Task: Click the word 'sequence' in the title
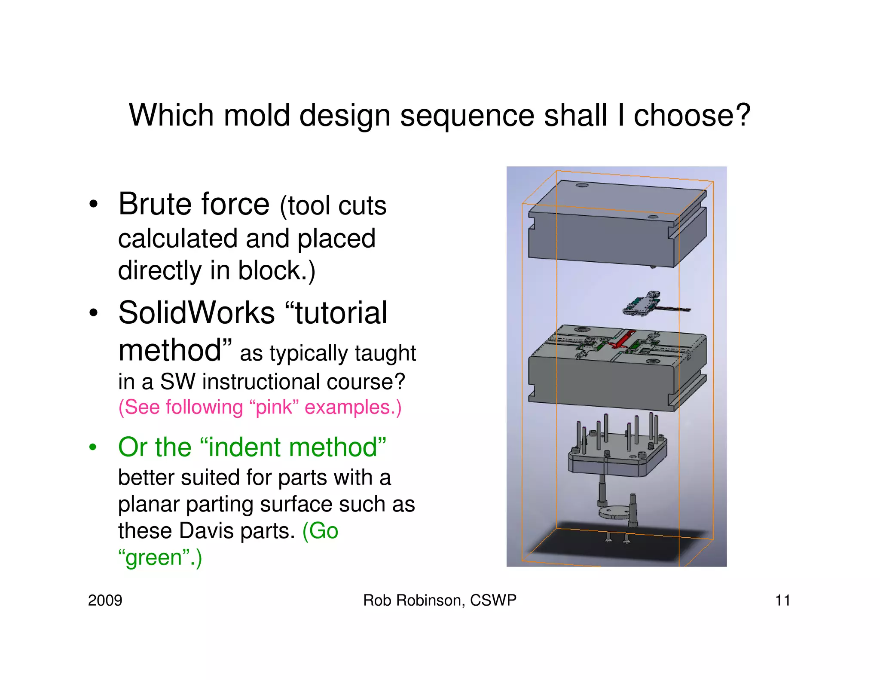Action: tap(467, 116)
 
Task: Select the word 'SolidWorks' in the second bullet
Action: tap(196, 313)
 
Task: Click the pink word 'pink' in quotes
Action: tap(274, 407)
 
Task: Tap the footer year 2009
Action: tap(105, 600)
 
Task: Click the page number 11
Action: tap(782, 600)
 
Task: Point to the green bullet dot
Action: tap(93, 448)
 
